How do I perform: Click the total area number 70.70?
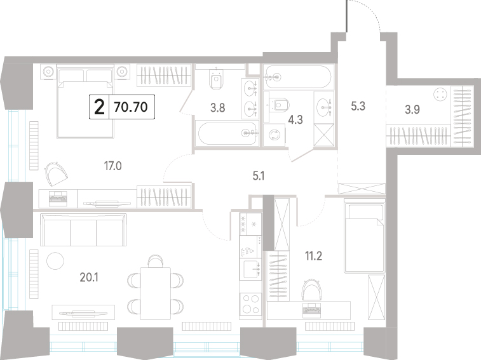pyautogui.click(x=131, y=107)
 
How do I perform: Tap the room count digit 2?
pyautogui.click(x=99, y=107)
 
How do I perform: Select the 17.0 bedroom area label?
pyautogui.click(x=113, y=166)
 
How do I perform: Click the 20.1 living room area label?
pyautogui.click(x=89, y=277)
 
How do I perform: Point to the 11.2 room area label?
pyautogui.click(x=313, y=256)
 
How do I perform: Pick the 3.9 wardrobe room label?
pyautogui.click(x=412, y=109)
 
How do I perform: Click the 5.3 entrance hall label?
pyautogui.click(x=358, y=106)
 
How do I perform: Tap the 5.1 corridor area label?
pyautogui.click(x=259, y=176)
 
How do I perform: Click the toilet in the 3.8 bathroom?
pyautogui.click(x=217, y=79)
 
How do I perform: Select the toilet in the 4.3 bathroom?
pyautogui.click(x=279, y=105)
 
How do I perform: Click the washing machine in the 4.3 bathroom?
pyautogui.click(x=274, y=135)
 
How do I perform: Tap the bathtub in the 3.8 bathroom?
pyautogui.click(x=227, y=133)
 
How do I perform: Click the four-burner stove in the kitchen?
pyautogui.click(x=250, y=304)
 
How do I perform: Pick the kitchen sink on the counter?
pyautogui.click(x=250, y=269)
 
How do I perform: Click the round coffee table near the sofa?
pyautogui.click(x=55, y=261)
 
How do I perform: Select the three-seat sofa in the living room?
pyautogui.click(x=83, y=230)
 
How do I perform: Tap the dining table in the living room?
pyautogui.click(x=156, y=293)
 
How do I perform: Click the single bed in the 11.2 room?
pyautogui.click(x=365, y=236)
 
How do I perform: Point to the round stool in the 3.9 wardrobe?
pyautogui.click(x=440, y=94)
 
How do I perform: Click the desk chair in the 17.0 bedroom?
pyautogui.click(x=56, y=174)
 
